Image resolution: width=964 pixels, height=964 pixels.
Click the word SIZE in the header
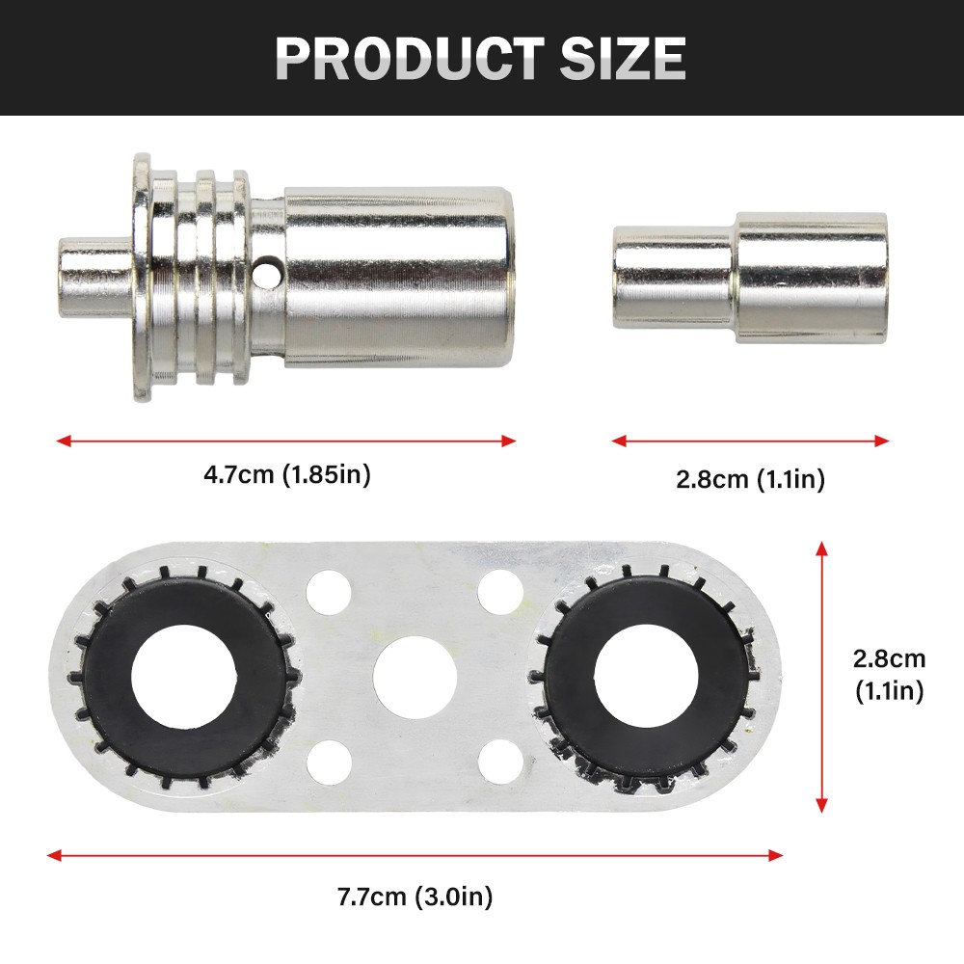(623, 59)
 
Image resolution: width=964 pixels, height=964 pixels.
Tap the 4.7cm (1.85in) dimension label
(287, 474)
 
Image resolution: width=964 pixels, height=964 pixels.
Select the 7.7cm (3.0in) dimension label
(415, 897)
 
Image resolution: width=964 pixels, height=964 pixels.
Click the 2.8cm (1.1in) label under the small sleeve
(750, 479)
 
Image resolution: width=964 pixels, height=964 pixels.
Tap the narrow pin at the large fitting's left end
(95, 278)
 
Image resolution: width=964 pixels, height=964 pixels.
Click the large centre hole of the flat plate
(415, 677)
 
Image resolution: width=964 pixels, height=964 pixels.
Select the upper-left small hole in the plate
(329, 593)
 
